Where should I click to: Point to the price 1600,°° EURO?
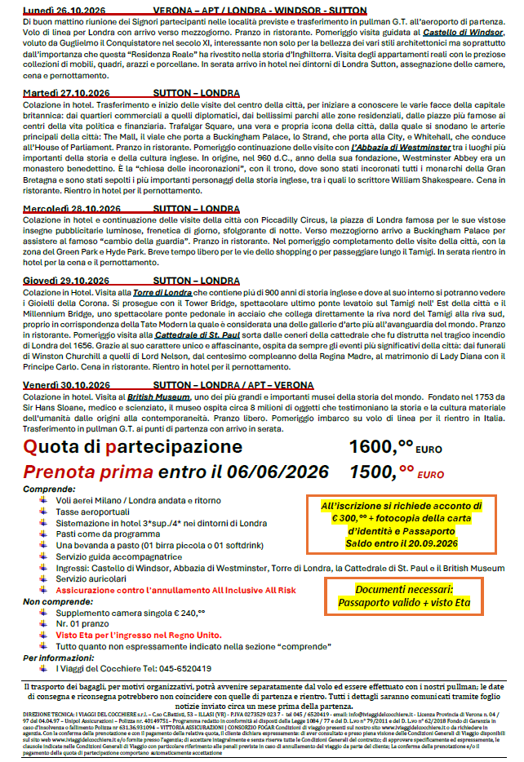pyautogui.click(x=393, y=447)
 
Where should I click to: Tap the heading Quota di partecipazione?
pyautogui.click(x=132, y=447)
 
